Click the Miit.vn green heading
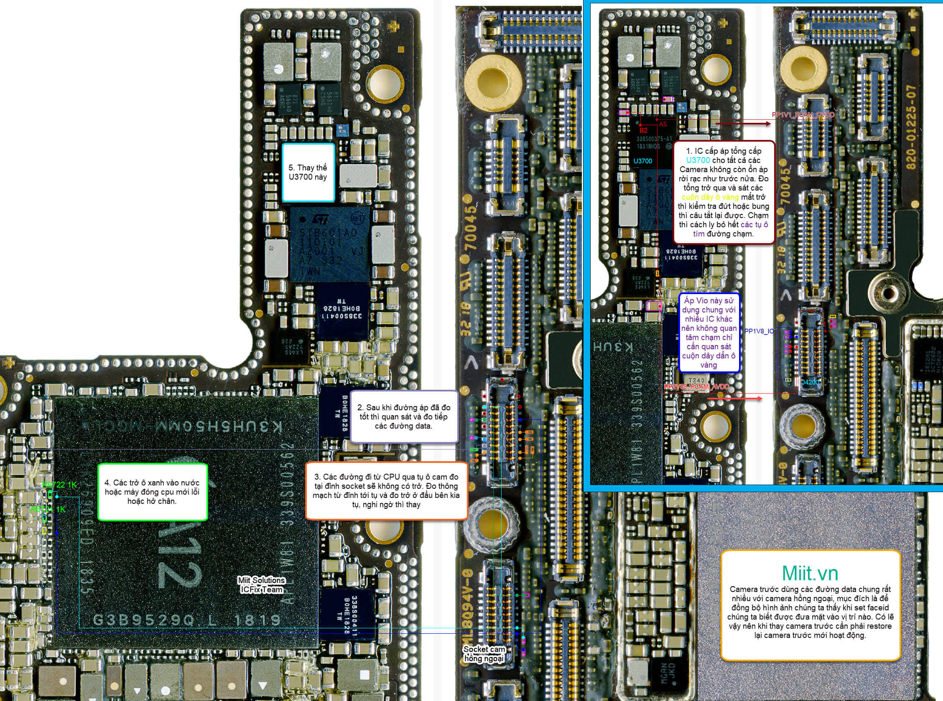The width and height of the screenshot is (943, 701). point(810,573)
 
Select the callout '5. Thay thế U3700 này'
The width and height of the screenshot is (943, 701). point(308,172)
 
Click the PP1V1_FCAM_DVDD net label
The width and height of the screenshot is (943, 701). point(803,114)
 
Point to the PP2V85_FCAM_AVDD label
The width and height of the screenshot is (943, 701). point(696,386)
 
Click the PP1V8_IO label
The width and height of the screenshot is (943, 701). point(759,331)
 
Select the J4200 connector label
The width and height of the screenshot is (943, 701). point(810,382)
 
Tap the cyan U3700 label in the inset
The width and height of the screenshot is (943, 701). point(642,161)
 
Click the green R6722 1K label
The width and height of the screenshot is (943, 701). point(59,485)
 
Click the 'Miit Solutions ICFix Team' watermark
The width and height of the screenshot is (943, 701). point(261,585)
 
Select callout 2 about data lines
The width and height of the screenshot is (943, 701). point(403,417)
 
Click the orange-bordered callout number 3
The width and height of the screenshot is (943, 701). point(386,490)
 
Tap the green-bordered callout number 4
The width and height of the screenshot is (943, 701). point(152,492)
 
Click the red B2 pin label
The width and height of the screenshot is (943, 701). point(643,130)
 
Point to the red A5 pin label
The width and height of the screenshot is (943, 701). point(663,124)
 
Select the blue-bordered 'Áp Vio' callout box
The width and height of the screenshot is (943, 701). point(709,333)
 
